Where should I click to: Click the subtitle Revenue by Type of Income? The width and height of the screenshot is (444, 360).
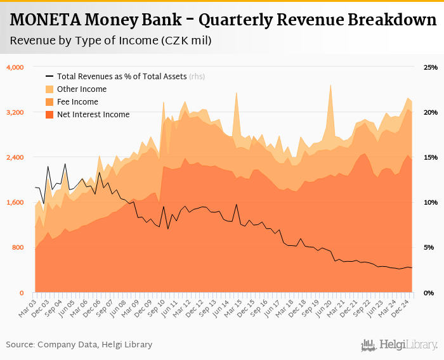point(110,41)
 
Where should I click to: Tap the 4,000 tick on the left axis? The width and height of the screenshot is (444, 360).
point(15,67)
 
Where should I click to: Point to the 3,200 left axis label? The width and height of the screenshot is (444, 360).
point(15,112)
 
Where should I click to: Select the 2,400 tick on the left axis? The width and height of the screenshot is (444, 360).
point(15,157)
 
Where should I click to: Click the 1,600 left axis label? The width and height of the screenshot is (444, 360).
point(15,202)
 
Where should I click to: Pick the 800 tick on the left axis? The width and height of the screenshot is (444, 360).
point(18,247)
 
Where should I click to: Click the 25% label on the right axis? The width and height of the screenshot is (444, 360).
point(431,67)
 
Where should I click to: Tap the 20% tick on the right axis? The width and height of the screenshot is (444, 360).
point(431,112)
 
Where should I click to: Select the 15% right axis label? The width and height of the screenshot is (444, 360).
point(431,157)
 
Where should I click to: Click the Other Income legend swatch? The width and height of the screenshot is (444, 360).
point(49,89)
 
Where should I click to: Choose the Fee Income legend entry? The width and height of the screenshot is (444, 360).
point(77,102)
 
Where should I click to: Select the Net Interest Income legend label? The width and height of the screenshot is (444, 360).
point(93,115)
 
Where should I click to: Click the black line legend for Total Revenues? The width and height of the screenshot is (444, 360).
point(49,77)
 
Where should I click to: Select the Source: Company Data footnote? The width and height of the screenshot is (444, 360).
point(79,344)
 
